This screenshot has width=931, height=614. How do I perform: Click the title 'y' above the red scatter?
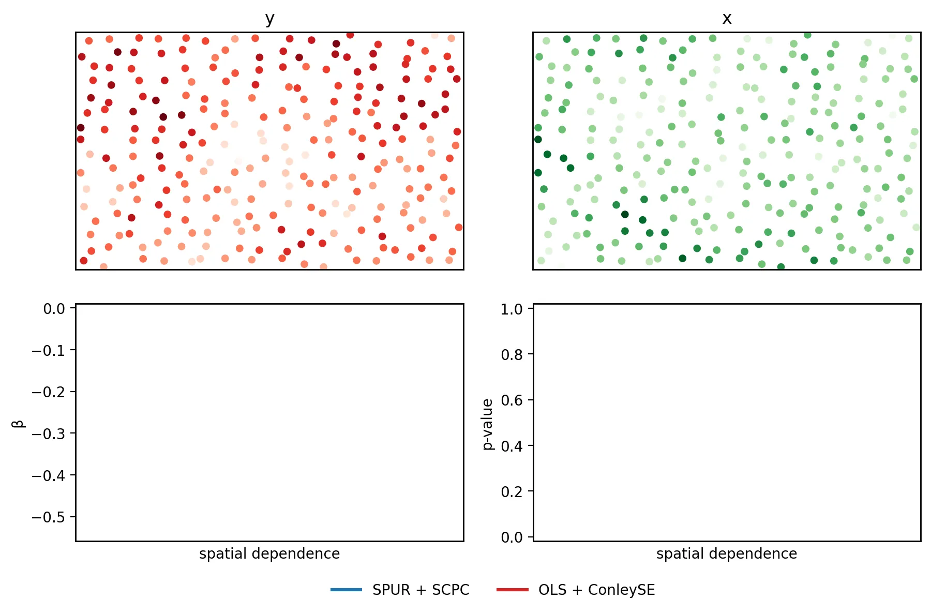pyautogui.click(x=269, y=19)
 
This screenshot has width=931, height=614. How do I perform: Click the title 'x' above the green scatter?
pyautogui.click(x=727, y=19)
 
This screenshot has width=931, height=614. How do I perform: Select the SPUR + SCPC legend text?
pyautogui.click(x=421, y=590)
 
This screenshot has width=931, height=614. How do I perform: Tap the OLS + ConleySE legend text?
pyautogui.click(x=596, y=590)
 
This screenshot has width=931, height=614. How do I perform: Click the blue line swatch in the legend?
pyautogui.click(x=346, y=590)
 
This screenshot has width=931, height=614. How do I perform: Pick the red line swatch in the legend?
pyautogui.click(x=512, y=590)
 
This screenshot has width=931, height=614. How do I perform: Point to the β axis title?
pyautogui.click(x=18, y=423)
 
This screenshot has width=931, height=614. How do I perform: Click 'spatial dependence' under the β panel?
pyautogui.click(x=269, y=553)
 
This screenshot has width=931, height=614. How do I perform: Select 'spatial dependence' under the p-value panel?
pyautogui.click(x=727, y=553)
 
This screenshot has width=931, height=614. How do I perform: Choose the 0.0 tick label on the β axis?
pyautogui.click(x=54, y=309)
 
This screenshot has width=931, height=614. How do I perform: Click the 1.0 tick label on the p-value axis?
pyautogui.click(x=512, y=309)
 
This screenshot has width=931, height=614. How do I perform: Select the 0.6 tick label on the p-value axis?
pyautogui.click(x=512, y=400)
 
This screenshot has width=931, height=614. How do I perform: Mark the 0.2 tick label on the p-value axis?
pyautogui.click(x=512, y=491)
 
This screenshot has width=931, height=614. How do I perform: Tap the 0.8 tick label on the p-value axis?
pyautogui.click(x=512, y=355)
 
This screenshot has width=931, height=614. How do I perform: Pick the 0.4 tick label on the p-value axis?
pyautogui.click(x=512, y=446)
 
